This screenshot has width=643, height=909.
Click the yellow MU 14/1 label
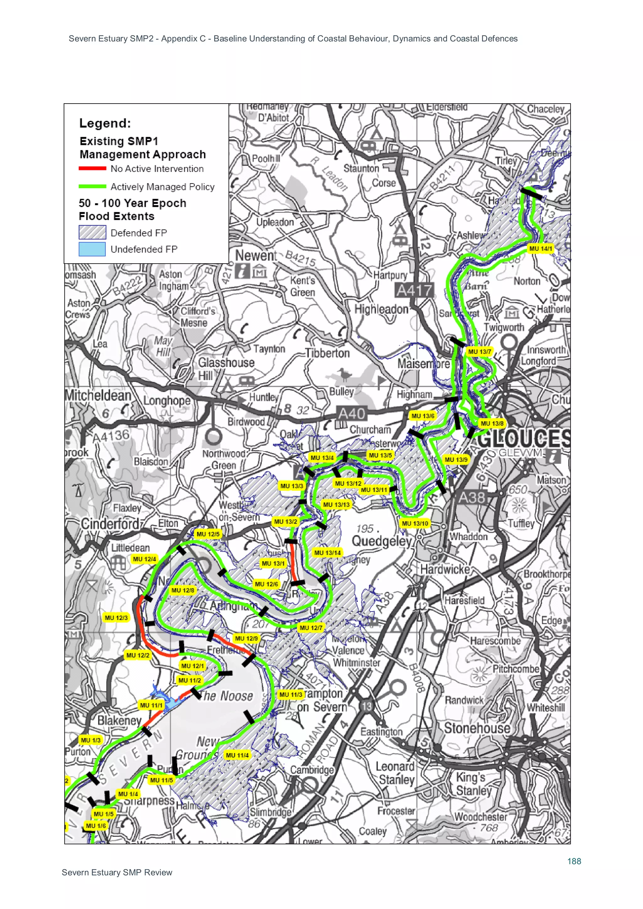[x=540, y=249]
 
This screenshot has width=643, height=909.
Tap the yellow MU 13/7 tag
[x=479, y=351]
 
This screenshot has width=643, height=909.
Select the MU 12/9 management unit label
[x=246, y=638]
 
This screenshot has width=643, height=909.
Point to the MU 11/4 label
[x=237, y=755]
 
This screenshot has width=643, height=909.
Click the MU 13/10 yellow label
[x=415, y=523]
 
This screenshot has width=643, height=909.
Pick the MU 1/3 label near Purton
[x=90, y=740]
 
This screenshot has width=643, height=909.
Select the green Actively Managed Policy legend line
[x=92, y=186]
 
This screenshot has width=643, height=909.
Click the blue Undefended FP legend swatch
[x=92, y=249]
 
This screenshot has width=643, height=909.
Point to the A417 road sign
[x=414, y=291]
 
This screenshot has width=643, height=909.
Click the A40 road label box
[x=351, y=414]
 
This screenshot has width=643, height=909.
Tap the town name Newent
[x=256, y=256]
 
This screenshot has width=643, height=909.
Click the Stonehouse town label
[x=477, y=728]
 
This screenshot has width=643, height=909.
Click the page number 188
[x=574, y=861]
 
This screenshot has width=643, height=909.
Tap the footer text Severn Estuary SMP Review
[x=117, y=873]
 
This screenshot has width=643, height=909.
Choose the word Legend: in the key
[x=105, y=123]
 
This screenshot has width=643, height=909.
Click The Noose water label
[x=227, y=696]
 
